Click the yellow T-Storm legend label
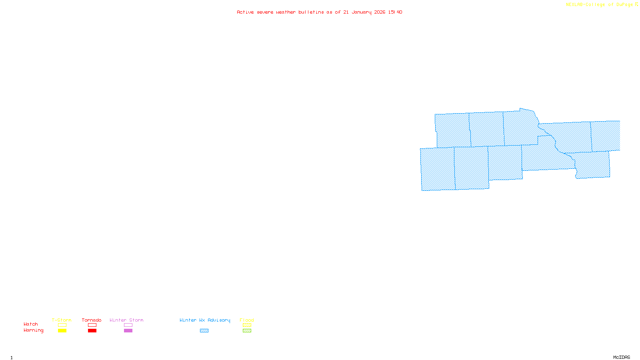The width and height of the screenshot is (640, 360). click(x=62, y=320)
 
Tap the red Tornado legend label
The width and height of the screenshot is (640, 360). click(x=92, y=320)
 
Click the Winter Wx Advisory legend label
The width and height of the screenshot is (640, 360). click(x=205, y=320)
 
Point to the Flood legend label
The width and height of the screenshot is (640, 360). click(x=247, y=320)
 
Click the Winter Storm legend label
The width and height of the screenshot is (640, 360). click(x=126, y=320)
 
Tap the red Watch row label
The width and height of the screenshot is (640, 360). click(x=31, y=324)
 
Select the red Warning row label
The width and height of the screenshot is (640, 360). click(x=34, y=330)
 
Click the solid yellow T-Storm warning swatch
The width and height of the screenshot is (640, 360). click(x=62, y=331)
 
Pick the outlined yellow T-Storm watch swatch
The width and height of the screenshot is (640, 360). click(x=62, y=325)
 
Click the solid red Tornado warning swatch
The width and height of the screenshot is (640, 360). click(x=92, y=331)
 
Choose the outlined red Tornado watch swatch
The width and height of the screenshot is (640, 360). click(x=92, y=325)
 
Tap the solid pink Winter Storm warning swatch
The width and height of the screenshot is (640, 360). click(x=128, y=331)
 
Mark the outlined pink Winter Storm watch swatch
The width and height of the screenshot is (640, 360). click(x=128, y=325)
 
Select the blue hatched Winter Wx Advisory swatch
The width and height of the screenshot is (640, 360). click(x=204, y=331)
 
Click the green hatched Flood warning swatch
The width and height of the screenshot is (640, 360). click(x=247, y=331)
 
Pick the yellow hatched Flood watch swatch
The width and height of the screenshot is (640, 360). click(x=247, y=325)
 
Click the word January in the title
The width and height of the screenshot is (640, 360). click(x=362, y=12)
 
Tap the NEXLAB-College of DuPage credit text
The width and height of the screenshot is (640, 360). click(x=600, y=4)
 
